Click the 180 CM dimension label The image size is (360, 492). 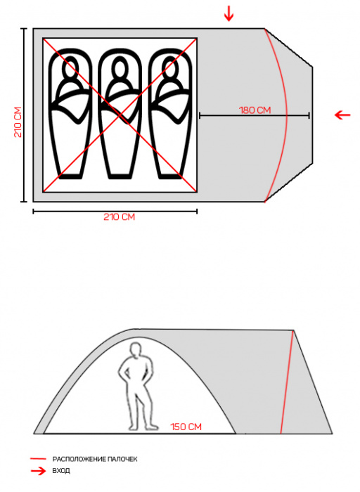tap(255, 110)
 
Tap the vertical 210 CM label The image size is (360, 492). tap(18, 122)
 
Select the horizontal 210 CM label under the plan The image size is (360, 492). tap(119, 216)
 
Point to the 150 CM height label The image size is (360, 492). tap(186, 427)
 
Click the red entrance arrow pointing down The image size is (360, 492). tap(229, 13)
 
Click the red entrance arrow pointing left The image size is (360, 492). tap(342, 115)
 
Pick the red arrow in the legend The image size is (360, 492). tap(38, 471)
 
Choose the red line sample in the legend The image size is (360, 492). tap(38, 459)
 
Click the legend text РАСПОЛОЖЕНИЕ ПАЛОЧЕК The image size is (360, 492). tap(95, 459)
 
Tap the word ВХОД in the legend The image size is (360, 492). tap(61, 471)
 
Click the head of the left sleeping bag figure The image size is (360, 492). tap(70, 67)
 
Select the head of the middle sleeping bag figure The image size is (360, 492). tap(120, 67)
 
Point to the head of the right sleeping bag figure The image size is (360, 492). tap(169, 67)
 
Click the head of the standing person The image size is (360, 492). tap(136, 349)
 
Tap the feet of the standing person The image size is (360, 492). tap(143, 427)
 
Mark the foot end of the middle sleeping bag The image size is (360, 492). tap(120, 176)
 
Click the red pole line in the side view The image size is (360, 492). tap(287, 382)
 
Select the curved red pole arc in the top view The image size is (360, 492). tap(287, 115)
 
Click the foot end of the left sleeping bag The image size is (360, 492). tap(70, 176)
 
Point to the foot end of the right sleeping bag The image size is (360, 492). tap(169, 176)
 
